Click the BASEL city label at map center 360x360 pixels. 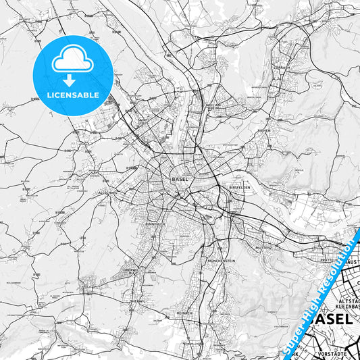pos(180,180)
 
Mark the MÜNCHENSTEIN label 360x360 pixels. pos(221,260)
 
